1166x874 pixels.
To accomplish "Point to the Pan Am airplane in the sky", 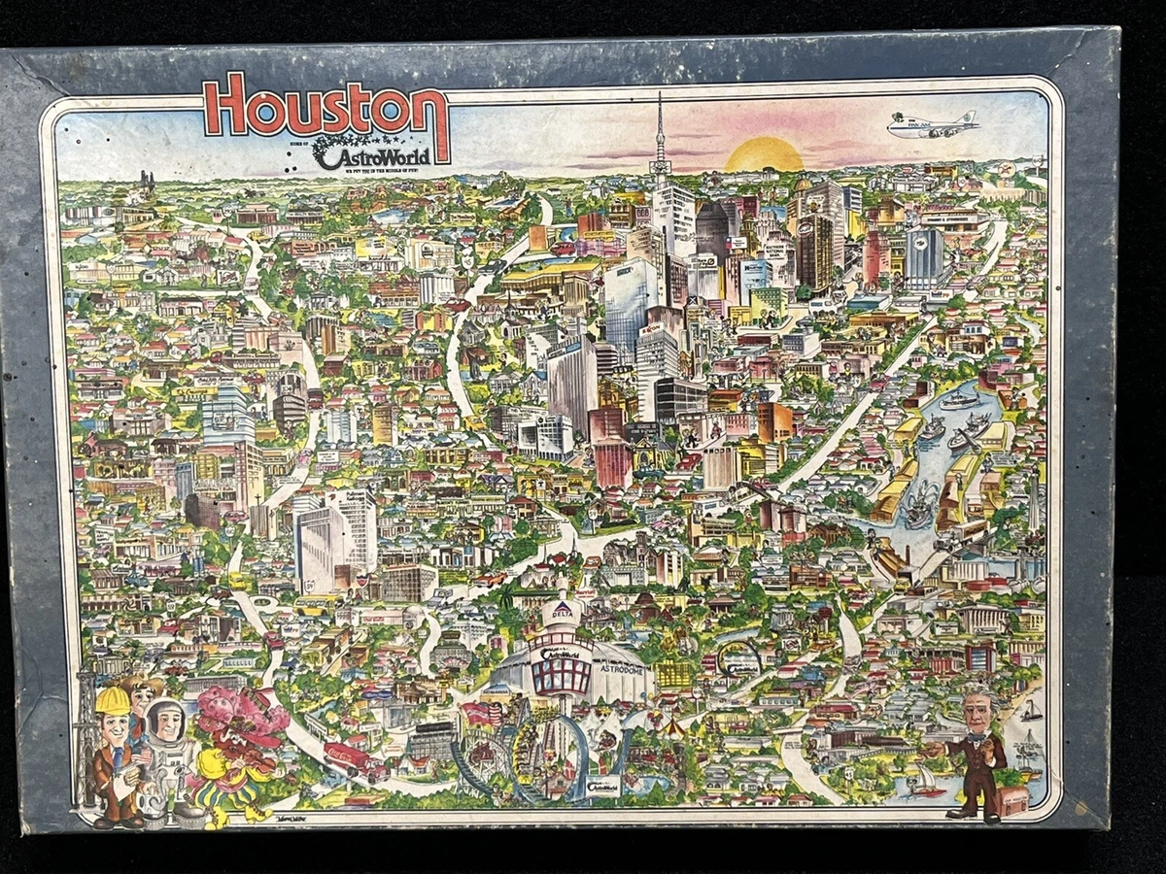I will pyautogui.click(x=933, y=125).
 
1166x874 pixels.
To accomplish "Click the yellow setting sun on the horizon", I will pyautogui.click(x=764, y=156).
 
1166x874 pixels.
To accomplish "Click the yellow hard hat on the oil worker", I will pyautogui.click(x=113, y=700).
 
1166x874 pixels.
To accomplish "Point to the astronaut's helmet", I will pyautogui.click(x=166, y=720).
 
